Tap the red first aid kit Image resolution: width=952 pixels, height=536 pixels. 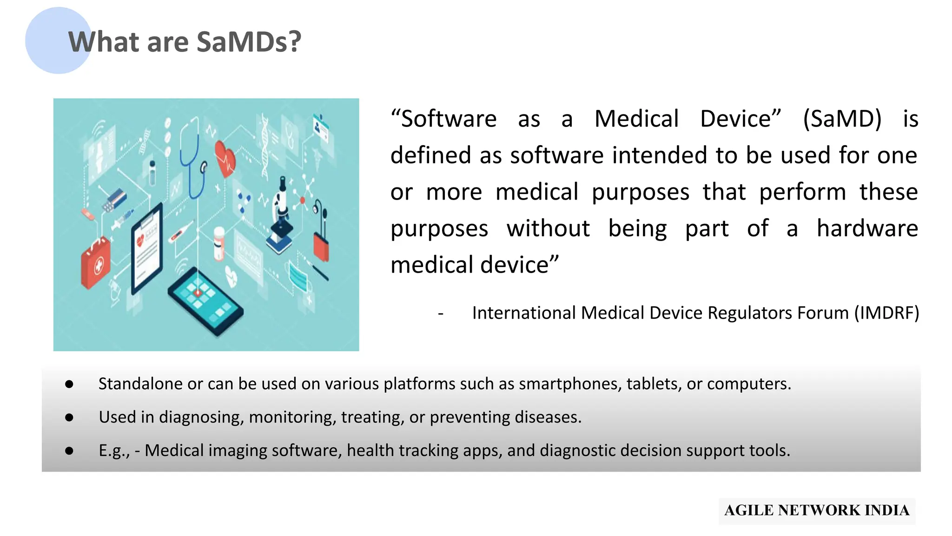pos(96,263)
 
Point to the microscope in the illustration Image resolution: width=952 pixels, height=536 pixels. pos(281,214)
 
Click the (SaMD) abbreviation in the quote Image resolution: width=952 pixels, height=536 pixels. pos(842,119)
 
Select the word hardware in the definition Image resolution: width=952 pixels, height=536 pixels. pos(867,228)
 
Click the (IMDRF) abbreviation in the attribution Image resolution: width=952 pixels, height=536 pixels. pos(886,313)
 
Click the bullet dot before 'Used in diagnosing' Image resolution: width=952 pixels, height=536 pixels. pos(69,417)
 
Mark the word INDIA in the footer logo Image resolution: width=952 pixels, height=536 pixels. pos(886,510)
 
